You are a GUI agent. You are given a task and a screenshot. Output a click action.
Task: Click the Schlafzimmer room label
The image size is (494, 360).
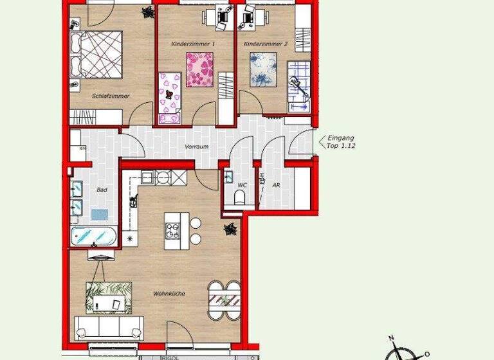click(111, 96)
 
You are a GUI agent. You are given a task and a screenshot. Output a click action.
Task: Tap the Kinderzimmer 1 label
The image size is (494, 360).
click(193, 44)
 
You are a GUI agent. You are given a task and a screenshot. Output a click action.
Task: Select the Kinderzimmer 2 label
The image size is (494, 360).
click(266, 44)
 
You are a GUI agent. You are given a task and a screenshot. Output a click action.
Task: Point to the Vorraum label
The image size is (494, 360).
click(196, 147)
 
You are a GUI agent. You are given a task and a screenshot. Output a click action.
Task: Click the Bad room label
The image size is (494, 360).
click(102, 190)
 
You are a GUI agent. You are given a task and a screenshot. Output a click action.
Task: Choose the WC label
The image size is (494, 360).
click(242, 185)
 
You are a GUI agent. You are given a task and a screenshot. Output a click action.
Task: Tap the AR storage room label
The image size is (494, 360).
click(276, 185)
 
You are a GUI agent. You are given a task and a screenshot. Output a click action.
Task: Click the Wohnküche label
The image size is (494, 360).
click(169, 294)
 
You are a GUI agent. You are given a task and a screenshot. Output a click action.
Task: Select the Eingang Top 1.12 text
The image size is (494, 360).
click(342, 141)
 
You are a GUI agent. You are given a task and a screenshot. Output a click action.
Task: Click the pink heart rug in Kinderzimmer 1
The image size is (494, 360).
click(199, 69)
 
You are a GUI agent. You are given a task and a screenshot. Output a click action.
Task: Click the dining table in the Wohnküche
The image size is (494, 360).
click(223, 301)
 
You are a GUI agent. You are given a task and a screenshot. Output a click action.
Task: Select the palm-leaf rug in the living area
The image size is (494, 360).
click(109, 298)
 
